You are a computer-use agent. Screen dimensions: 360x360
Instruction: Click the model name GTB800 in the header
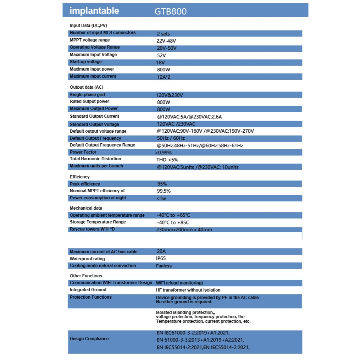pyautogui.click(x=171, y=11)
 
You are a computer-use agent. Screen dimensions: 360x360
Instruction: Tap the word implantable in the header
pyautogui.click(x=94, y=11)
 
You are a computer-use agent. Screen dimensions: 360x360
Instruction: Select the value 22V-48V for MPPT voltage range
pyautogui.click(x=166, y=41)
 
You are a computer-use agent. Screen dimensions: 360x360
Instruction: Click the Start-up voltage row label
pyautogui.click(x=86, y=62)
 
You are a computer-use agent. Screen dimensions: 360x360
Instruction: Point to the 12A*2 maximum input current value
pyautogui.click(x=166, y=77)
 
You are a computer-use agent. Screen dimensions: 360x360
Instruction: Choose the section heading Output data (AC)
pyautogui.click(x=87, y=87)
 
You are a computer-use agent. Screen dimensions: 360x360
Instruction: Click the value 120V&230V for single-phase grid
pyautogui.click(x=170, y=95)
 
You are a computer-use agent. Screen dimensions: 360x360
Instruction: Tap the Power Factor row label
pyautogui.click(x=83, y=152)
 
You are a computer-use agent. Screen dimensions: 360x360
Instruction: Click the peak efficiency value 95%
pyautogui.click(x=162, y=184)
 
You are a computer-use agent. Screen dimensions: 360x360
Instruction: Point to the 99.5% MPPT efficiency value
pyautogui.click(x=164, y=191)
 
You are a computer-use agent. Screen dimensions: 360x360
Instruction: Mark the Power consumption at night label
pyautogui.click(x=98, y=198)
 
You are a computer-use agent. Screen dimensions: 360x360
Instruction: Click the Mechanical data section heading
pyautogui.click(x=86, y=208)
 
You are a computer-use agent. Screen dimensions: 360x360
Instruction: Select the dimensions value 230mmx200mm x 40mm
pyautogui.click(x=184, y=230)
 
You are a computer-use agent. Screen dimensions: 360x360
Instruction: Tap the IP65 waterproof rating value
pyautogui.click(x=161, y=259)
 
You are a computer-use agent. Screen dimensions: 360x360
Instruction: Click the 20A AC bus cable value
pyautogui.click(x=161, y=251)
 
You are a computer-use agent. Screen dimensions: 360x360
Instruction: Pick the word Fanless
pyautogui.click(x=164, y=266)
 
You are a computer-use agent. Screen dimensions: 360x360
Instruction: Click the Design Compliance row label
pyautogui.click(x=89, y=339)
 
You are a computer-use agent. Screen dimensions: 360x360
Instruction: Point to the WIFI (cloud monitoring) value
pyautogui.click(x=179, y=283)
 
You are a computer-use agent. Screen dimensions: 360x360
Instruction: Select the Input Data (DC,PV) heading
pyautogui.click(x=88, y=26)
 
